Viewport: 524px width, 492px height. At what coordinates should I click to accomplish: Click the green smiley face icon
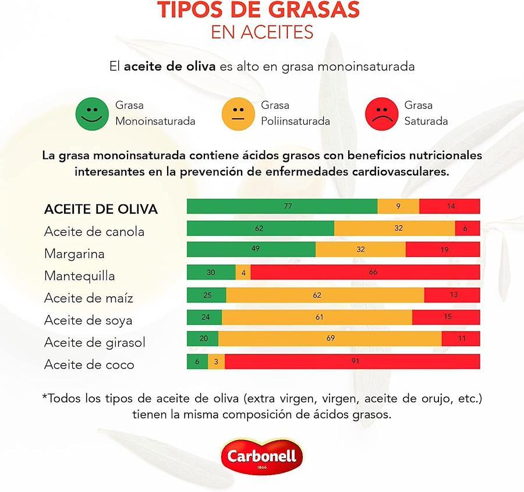(93, 114)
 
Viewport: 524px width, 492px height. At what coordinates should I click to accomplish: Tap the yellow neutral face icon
(238, 114)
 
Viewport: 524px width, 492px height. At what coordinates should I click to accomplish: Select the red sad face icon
(381, 114)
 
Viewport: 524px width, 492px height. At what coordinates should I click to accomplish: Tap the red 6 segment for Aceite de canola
(468, 228)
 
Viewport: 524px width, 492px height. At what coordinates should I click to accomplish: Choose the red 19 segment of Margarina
(442, 250)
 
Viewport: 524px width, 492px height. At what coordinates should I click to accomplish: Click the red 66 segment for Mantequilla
(365, 272)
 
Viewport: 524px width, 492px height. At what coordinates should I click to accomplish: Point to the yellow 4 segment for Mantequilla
(243, 272)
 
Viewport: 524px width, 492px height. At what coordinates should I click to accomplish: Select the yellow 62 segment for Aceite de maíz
(325, 295)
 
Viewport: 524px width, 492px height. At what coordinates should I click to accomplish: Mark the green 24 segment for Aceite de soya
(204, 317)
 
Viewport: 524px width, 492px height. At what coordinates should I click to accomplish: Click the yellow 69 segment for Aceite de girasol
(330, 339)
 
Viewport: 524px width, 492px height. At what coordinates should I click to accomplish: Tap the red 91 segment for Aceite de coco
(352, 362)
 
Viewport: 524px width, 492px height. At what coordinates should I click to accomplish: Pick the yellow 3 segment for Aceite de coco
(216, 362)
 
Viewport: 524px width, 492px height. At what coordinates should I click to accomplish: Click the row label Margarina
(75, 254)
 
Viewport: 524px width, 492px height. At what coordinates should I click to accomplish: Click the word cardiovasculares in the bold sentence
(400, 172)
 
